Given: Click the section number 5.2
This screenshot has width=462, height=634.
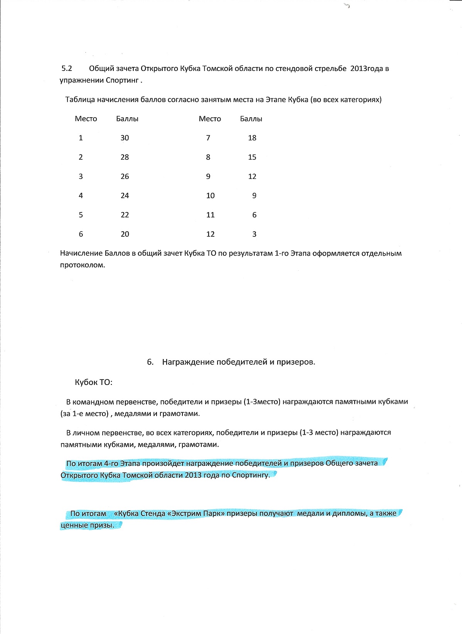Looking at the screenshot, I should pyautogui.click(x=67, y=69).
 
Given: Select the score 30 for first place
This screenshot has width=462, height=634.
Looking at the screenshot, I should pyautogui.click(x=125, y=138).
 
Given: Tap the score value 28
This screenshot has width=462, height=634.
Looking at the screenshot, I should pyautogui.click(x=125, y=157).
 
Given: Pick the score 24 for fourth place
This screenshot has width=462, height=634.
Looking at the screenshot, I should pyautogui.click(x=125, y=196).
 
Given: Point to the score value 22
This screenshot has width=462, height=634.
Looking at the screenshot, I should pyautogui.click(x=125, y=215).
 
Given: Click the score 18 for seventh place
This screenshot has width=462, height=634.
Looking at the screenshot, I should pyautogui.click(x=252, y=138).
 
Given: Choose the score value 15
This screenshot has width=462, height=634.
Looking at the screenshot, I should pyautogui.click(x=252, y=157).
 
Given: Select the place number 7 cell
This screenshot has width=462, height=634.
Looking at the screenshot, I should pyautogui.click(x=208, y=138).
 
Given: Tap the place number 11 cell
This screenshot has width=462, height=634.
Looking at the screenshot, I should pyautogui.click(x=210, y=215).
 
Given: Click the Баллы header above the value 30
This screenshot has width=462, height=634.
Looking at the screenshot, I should pyautogui.click(x=127, y=119).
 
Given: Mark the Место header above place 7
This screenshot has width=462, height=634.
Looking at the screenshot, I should pyautogui.click(x=210, y=119).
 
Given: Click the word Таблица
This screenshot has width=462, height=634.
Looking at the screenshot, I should pyautogui.click(x=80, y=100).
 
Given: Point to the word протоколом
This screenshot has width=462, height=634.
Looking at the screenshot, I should pyautogui.click(x=82, y=265).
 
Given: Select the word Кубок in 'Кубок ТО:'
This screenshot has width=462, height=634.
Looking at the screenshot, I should pyautogui.click(x=86, y=383).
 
